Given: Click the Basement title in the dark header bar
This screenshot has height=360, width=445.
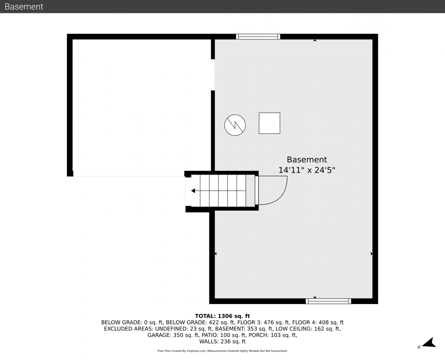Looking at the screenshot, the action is [x=24, y=7].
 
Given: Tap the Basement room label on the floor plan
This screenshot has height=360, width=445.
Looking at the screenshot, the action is [x=307, y=160].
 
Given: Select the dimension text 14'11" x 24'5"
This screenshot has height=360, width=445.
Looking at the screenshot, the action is [x=307, y=170].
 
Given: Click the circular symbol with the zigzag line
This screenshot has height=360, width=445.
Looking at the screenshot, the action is [x=235, y=125].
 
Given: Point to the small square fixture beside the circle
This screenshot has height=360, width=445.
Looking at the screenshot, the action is [x=270, y=123].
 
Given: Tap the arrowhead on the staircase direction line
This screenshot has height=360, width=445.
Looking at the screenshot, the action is [x=193, y=191].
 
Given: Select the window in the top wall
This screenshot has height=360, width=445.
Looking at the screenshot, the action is [x=258, y=37].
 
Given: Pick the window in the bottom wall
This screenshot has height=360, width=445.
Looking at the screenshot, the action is [x=328, y=301].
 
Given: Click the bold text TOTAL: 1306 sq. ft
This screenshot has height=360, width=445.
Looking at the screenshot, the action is [x=222, y=316].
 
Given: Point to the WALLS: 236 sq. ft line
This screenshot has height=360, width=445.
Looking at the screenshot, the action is [x=222, y=342].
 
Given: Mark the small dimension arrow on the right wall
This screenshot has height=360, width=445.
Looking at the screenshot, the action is [x=371, y=254].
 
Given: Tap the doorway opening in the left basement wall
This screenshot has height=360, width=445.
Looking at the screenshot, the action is [x=213, y=75].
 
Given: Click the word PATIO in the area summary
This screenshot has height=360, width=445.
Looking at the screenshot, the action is [x=209, y=335].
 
